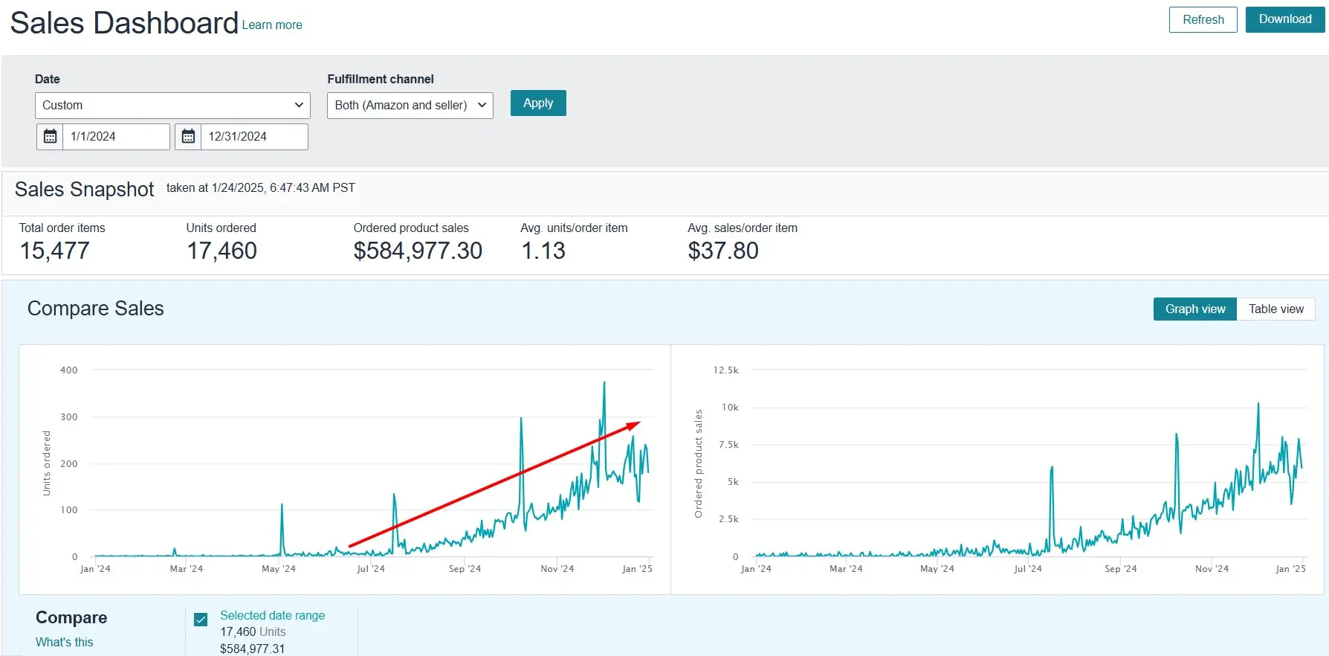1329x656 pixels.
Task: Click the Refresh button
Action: coord(1203,19)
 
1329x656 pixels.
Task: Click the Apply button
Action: coord(538,103)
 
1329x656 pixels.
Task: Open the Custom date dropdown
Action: coord(172,106)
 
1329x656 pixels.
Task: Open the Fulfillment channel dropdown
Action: coord(410,106)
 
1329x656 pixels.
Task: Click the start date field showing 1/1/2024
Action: coord(116,137)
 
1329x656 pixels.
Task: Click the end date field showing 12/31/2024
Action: coord(254,137)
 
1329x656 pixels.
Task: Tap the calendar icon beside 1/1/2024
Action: coord(50,137)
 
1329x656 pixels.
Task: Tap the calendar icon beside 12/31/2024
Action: coord(188,137)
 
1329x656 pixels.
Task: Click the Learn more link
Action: coord(272,25)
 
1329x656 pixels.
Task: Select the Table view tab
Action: coord(1276,309)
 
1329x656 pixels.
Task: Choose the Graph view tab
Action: coord(1195,309)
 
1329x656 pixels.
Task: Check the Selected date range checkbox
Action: coord(201,620)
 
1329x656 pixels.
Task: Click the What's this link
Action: coord(65,642)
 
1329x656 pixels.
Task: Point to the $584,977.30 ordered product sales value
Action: coord(418,251)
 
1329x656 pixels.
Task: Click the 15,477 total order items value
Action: coord(54,251)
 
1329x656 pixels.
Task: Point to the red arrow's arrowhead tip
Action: coord(640,422)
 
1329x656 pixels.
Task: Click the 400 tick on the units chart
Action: coord(69,370)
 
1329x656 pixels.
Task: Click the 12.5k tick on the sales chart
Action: coord(725,370)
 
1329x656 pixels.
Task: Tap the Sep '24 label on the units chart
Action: coord(465,569)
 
